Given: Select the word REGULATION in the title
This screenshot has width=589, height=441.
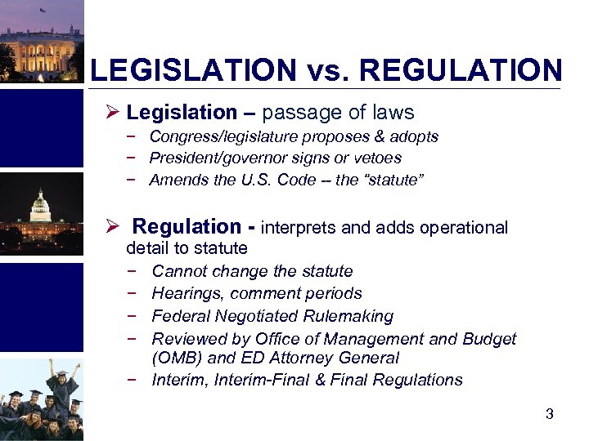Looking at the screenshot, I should coord(461,70).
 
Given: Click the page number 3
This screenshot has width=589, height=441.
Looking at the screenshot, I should coord(550,414).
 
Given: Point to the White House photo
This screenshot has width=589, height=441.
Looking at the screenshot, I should coord(41,41).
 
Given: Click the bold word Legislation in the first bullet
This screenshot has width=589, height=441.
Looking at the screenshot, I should coord(182,113).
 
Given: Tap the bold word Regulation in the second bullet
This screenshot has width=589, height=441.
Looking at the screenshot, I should coord(187,227).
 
